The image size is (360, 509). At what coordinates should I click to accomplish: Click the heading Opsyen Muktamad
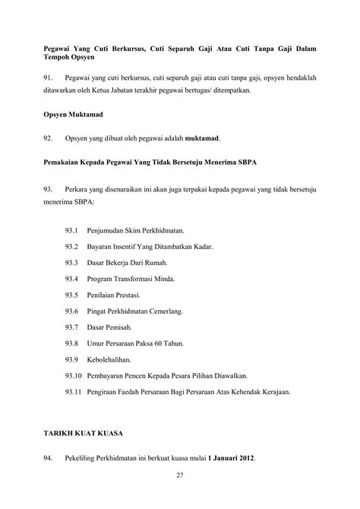72,114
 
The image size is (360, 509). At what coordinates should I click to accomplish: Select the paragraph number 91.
51,78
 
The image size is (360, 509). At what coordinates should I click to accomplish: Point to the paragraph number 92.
51,138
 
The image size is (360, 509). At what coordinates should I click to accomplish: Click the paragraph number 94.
51,460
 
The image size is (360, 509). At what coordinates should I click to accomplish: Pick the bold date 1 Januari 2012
225,460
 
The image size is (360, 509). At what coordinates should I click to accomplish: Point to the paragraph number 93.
51,186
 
